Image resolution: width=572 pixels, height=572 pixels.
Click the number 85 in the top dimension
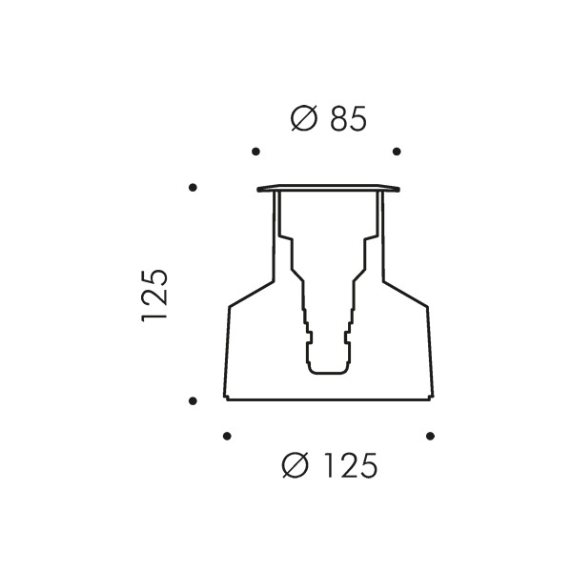[x=348, y=118]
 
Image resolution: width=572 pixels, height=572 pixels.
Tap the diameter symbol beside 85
[x=304, y=118]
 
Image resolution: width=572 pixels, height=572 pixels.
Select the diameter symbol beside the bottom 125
[x=296, y=465]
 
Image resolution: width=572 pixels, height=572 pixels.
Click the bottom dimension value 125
[x=351, y=465]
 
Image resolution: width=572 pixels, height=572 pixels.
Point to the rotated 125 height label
[x=154, y=296]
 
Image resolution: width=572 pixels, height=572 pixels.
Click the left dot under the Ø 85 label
[x=256, y=152]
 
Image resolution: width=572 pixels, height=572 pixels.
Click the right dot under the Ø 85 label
[x=397, y=152]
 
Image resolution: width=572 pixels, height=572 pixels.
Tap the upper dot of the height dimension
[x=193, y=188]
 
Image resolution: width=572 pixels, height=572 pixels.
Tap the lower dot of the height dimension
[x=193, y=401]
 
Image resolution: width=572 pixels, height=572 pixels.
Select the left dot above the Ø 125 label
[x=227, y=436]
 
